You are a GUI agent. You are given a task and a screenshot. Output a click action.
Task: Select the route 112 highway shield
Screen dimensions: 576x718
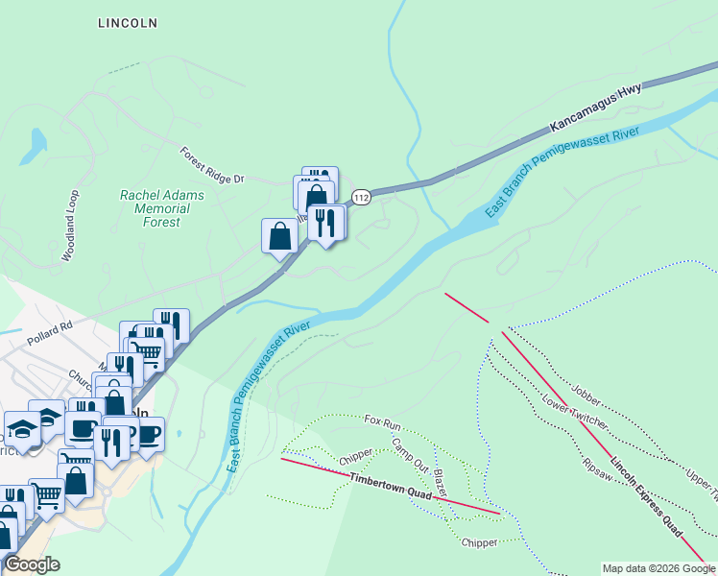click(x=360, y=197)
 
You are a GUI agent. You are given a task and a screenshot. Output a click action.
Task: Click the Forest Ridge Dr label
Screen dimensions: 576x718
click(x=212, y=165)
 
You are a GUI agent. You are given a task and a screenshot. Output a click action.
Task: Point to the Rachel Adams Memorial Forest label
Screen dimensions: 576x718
click(x=149, y=208)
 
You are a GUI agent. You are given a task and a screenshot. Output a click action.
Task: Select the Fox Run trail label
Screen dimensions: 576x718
click(x=382, y=422)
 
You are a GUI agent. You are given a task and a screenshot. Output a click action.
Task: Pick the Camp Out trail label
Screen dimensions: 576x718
click(x=410, y=454)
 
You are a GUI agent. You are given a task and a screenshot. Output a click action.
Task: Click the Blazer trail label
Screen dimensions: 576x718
click(x=439, y=482)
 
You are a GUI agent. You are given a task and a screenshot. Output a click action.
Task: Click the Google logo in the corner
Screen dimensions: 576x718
click(x=31, y=564)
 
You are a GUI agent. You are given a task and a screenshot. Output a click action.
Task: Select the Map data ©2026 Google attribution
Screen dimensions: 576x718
click(x=658, y=568)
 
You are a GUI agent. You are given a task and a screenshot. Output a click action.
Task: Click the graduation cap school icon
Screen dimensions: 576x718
click(x=21, y=426)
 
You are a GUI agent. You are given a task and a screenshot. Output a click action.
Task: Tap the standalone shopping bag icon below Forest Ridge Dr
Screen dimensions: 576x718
click(x=279, y=236)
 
